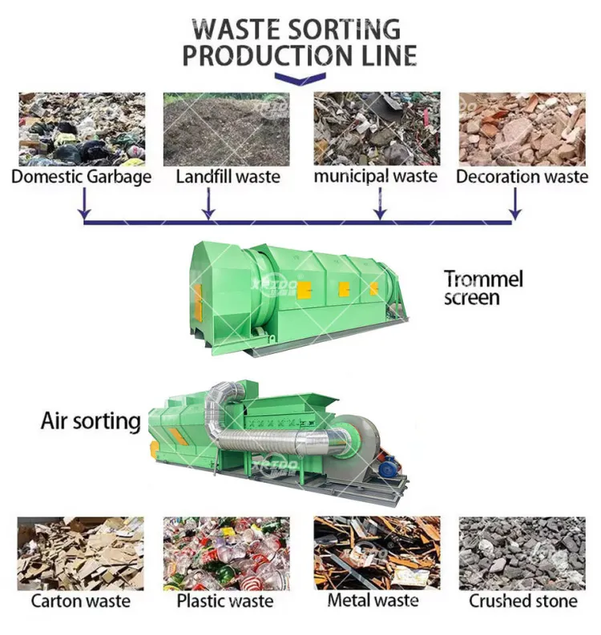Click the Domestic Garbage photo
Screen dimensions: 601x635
pyautogui.click(x=82, y=129)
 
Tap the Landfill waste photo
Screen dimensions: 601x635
pyautogui.click(x=227, y=129)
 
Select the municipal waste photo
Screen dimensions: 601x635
pyautogui.click(x=377, y=129)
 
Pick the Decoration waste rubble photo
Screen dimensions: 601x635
pyautogui.click(x=522, y=129)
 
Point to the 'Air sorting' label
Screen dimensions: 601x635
pyautogui.click(x=91, y=421)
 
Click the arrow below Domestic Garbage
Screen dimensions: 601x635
pyautogui.click(x=84, y=204)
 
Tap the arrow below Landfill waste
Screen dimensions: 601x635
pyautogui.click(x=208, y=204)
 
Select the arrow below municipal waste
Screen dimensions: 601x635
pyautogui.click(x=380, y=204)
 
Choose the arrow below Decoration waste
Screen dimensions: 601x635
pyautogui.click(x=514, y=204)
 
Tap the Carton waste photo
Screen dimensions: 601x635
pyautogui.click(x=81, y=553)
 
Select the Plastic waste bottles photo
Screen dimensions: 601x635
pyautogui.click(x=227, y=553)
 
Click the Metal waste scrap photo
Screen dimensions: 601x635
pyautogui.click(x=377, y=553)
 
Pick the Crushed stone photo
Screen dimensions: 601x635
pyautogui.click(x=522, y=553)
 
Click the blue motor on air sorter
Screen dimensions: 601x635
pyautogui.click(x=388, y=468)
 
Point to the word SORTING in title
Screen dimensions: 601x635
pyautogui.click(x=342, y=29)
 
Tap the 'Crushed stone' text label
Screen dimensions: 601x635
pyautogui.click(x=522, y=601)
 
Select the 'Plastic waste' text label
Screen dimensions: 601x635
pyautogui.click(x=225, y=601)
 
